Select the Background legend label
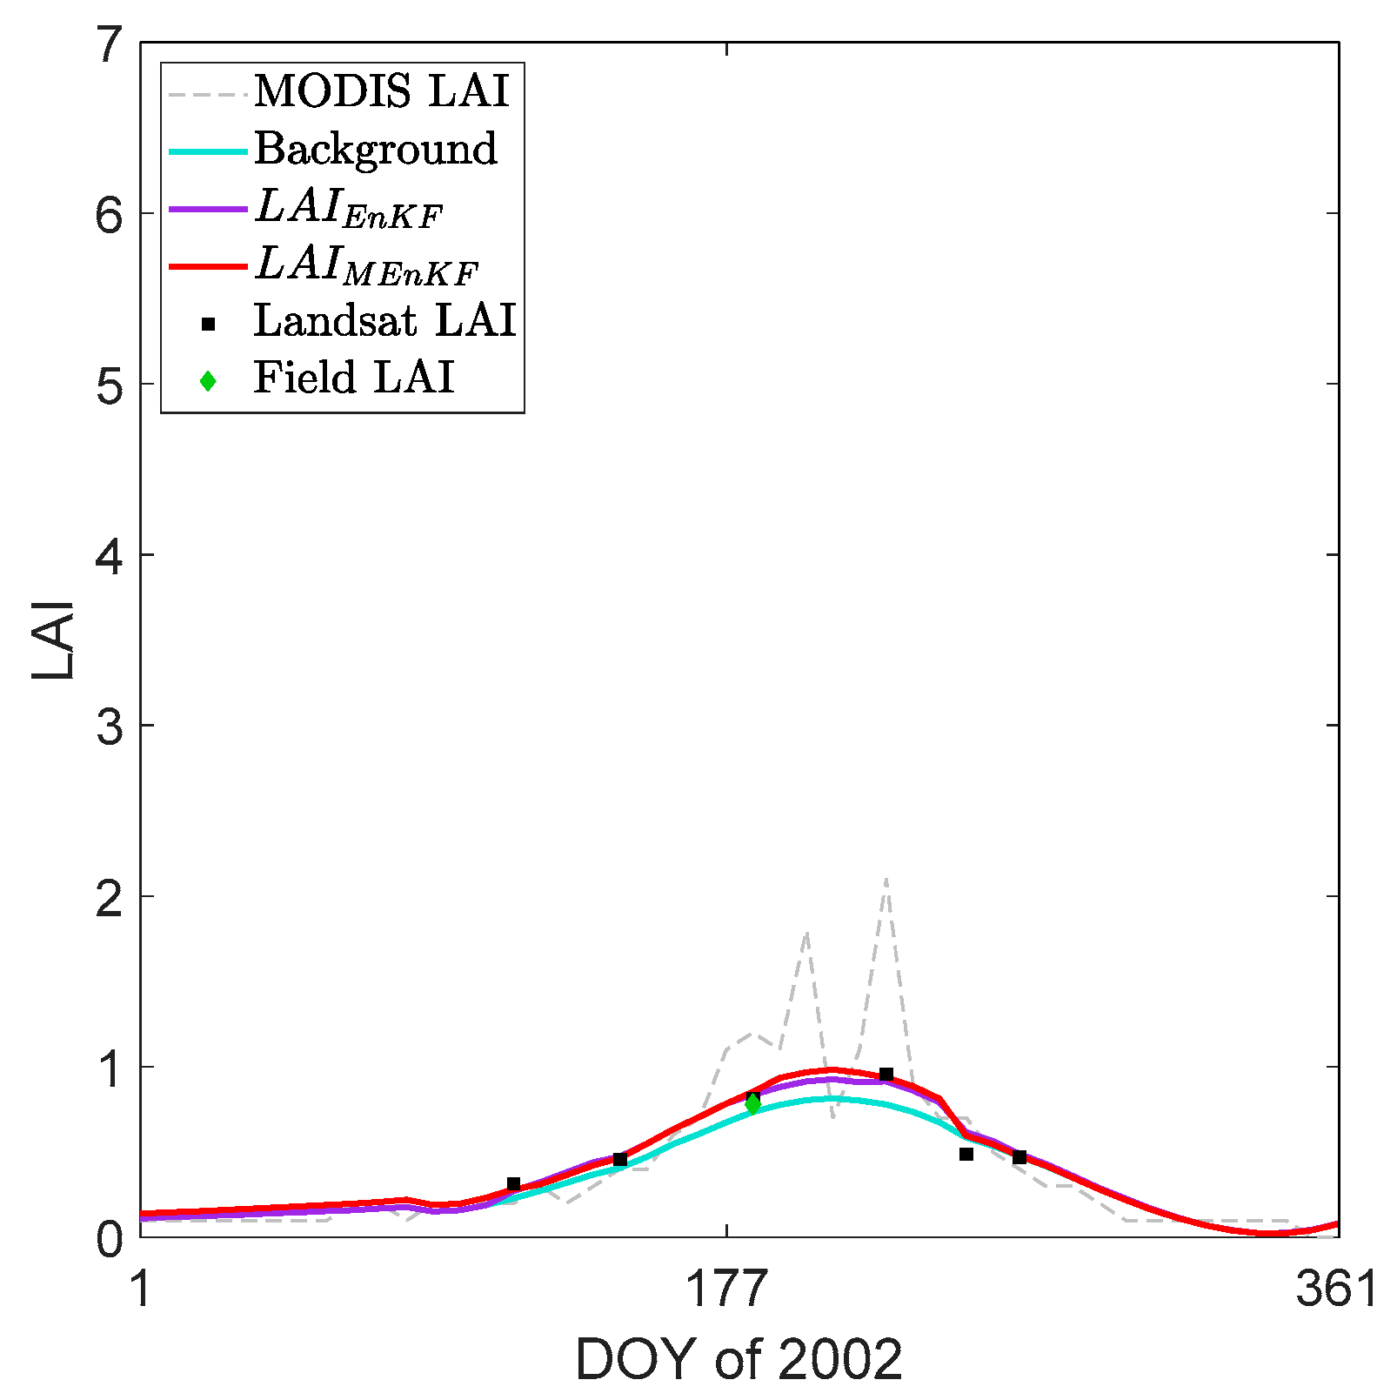pos(375,149)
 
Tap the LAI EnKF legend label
pos(349,209)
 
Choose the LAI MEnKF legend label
pos(366,265)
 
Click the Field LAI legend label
pos(353,378)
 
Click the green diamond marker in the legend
pos(208,381)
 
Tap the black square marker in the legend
pos(208,325)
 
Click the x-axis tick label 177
pos(726,1289)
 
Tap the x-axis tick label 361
pos(1336,1289)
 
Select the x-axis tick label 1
pos(141,1289)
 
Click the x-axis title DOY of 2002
pos(739,1360)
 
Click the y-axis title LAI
pos(53,640)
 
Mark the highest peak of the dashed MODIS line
pos(886,880)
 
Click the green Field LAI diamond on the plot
pos(752,1104)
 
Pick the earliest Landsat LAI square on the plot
pos(513,1184)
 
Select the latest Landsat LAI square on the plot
pos(1019,1157)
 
